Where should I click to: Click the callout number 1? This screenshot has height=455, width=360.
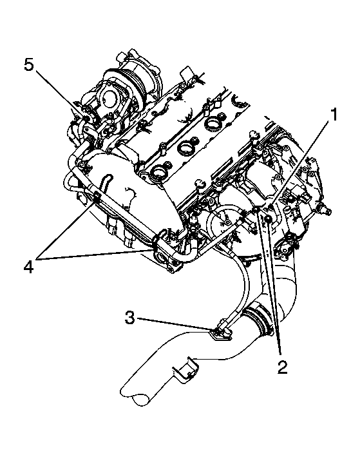click(334, 115)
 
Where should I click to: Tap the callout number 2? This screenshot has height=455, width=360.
click(281, 367)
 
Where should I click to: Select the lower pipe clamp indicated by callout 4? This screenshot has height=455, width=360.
click(156, 244)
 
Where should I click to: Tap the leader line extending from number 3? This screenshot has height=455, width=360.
click(174, 324)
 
